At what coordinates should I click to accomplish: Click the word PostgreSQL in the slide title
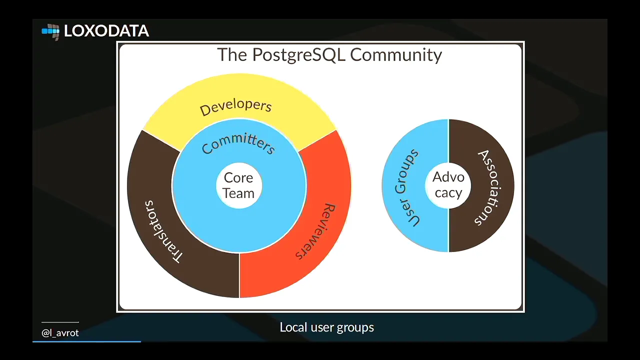click(x=299, y=55)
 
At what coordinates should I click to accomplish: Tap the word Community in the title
click(x=396, y=55)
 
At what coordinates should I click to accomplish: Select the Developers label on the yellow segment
click(x=235, y=107)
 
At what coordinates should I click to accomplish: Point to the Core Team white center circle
click(x=239, y=185)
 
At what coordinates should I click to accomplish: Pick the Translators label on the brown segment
click(x=163, y=231)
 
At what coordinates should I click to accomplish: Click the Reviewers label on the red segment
click(x=315, y=231)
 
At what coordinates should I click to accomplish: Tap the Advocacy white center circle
click(x=448, y=185)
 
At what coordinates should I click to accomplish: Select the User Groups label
click(x=406, y=188)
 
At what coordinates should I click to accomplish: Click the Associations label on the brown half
click(x=489, y=187)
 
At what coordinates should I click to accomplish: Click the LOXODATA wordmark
click(x=106, y=31)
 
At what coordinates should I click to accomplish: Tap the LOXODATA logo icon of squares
click(x=51, y=32)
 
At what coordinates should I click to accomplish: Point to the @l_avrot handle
click(x=60, y=333)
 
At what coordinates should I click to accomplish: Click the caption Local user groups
click(x=326, y=327)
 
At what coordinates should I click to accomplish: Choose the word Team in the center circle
click(x=238, y=193)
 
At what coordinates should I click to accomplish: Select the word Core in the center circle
click(x=238, y=177)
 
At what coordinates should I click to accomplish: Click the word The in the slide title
click(x=232, y=55)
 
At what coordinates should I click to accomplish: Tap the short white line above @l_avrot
click(x=60, y=322)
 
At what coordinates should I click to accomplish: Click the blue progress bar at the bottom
click(x=86, y=341)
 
